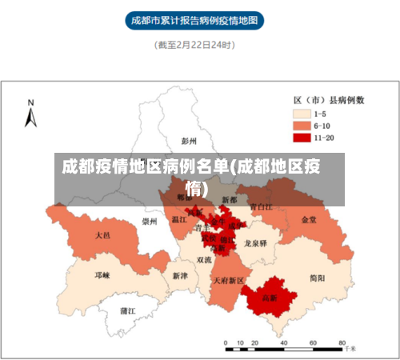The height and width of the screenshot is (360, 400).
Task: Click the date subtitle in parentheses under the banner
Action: (194, 46)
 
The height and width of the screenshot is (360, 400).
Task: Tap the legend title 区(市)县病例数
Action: (329, 100)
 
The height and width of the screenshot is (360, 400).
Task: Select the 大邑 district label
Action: (102, 236)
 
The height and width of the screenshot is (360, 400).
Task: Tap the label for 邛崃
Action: (102, 274)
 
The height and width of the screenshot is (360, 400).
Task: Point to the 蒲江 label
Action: (127, 310)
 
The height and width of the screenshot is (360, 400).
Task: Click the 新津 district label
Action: (179, 275)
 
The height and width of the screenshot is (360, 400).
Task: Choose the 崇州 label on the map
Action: (149, 222)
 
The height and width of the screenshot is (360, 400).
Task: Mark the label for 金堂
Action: (309, 219)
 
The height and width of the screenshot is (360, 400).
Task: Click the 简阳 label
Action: (317, 278)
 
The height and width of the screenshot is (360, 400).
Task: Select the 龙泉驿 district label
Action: (255, 242)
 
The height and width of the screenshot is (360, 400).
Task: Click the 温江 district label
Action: (179, 218)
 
